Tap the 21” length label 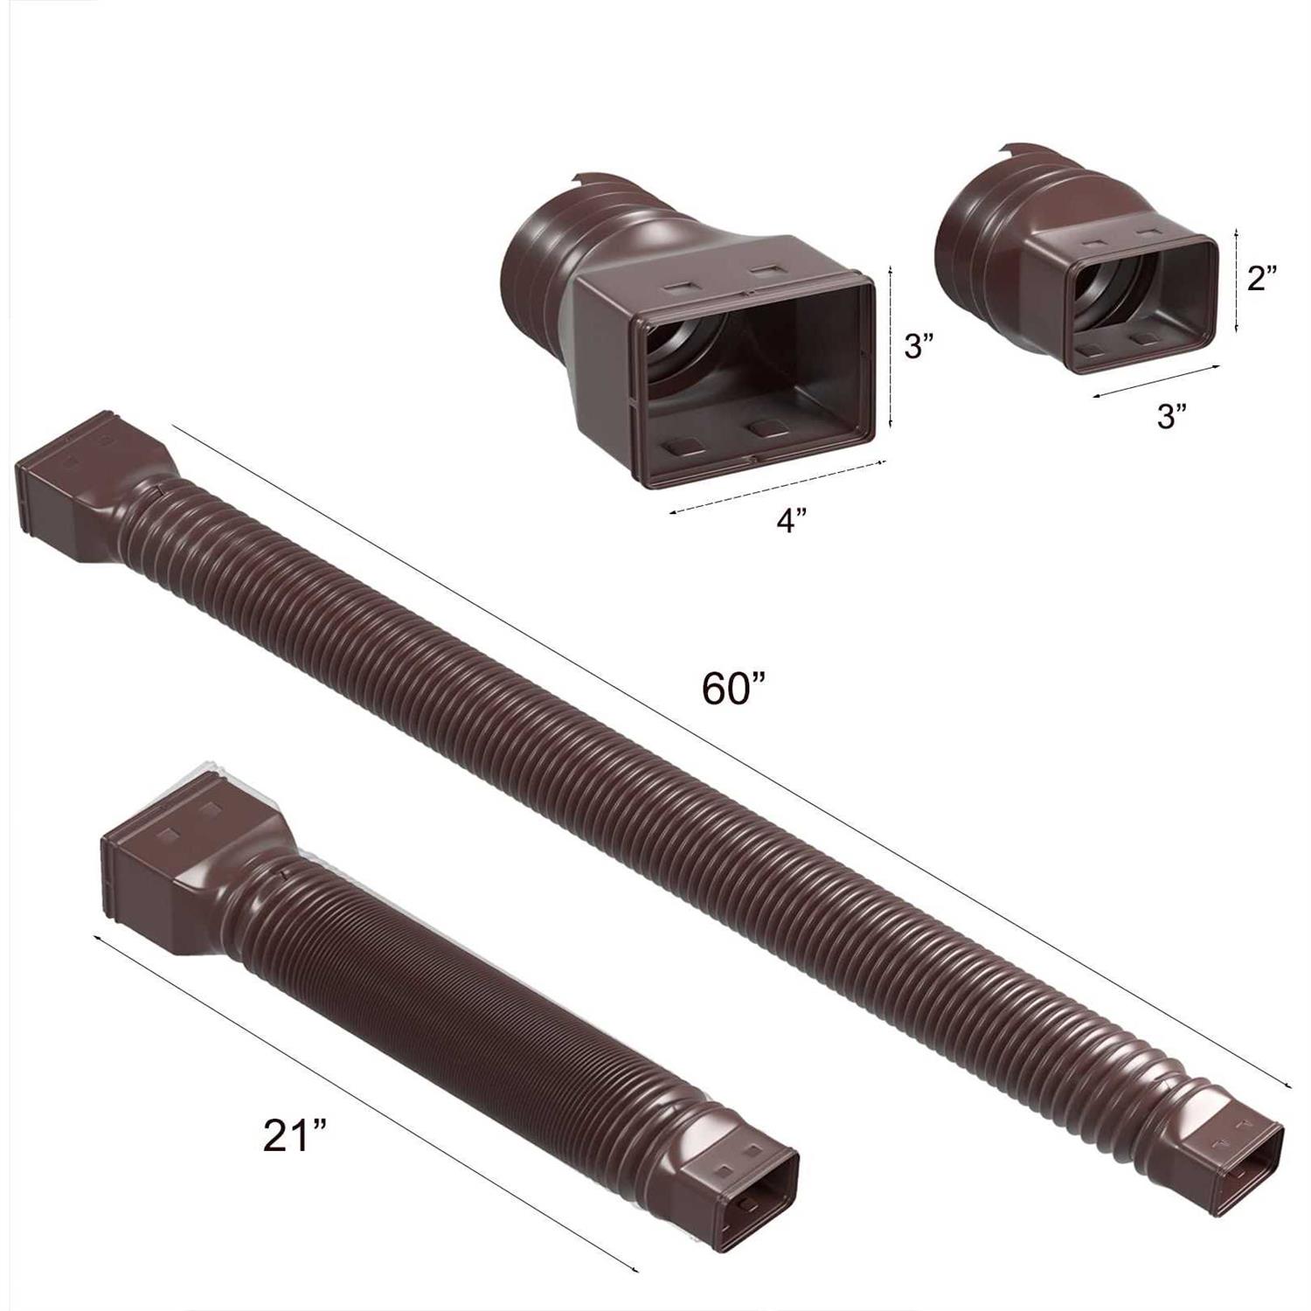[x=295, y=1136]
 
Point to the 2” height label [x=1262, y=279]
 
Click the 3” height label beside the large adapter [x=919, y=347]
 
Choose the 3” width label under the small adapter [x=1172, y=416]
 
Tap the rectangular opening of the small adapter [x=1136, y=302]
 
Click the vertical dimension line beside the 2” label [x=1236, y=279]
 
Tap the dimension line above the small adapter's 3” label [x=1155, y=381]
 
